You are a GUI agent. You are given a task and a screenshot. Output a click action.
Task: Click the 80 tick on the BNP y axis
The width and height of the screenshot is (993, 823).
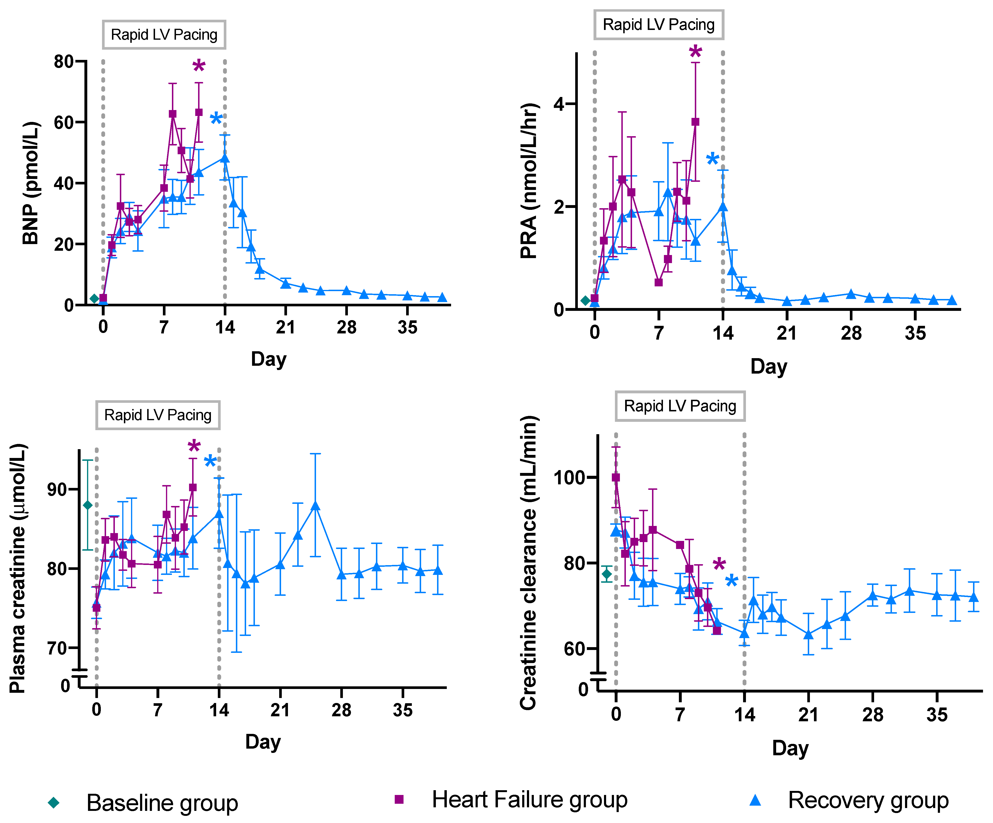64,62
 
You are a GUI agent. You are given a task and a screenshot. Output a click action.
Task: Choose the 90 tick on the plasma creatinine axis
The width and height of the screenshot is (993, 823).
57,489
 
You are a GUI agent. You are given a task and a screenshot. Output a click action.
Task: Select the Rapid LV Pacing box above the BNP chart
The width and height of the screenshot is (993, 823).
164,34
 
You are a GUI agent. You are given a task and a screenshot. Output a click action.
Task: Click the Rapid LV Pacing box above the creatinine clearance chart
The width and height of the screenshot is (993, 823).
680,406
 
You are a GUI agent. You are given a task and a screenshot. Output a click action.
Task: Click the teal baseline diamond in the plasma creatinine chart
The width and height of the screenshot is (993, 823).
88,505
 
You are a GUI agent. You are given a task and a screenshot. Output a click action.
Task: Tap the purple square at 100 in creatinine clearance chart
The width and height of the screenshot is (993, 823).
616,477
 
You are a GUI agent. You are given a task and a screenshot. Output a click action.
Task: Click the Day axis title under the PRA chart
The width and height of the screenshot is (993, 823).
768,366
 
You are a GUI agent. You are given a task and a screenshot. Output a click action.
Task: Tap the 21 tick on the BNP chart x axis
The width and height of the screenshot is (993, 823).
286,327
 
